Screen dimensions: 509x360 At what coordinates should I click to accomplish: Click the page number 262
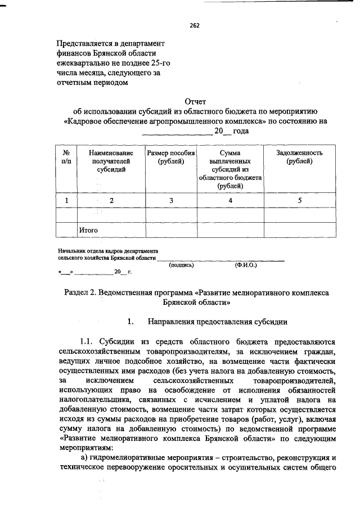(195, 25)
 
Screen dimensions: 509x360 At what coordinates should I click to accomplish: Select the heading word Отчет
(195, 101)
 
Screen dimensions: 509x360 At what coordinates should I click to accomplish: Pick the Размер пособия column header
(170, 157)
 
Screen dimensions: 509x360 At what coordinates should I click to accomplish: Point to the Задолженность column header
(299, 157)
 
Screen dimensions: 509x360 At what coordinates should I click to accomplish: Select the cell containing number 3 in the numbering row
(170, 200)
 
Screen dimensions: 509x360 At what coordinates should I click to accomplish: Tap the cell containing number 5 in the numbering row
(299, 200)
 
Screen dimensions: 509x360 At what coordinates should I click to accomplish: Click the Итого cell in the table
(88, 230)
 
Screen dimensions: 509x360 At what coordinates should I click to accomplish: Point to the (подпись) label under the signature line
(181, 265)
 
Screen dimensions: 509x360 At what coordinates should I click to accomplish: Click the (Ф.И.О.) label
(246, 265)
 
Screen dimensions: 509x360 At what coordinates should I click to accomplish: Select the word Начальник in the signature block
(71, 251)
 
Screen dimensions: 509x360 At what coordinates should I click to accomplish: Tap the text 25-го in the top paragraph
(159, 63)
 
